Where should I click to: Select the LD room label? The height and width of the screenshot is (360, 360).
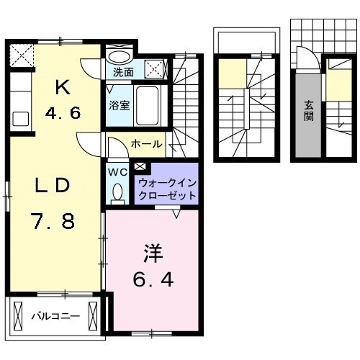53,185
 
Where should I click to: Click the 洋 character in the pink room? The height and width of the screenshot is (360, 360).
153,253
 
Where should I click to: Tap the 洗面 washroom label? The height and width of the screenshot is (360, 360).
124,72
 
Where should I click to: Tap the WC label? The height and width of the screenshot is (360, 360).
117,172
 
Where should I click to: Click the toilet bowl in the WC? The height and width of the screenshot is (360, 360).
117,192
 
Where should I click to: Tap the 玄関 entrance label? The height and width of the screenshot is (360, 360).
308,110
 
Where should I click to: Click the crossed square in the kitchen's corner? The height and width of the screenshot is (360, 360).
22,55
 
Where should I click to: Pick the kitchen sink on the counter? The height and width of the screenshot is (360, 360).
19,117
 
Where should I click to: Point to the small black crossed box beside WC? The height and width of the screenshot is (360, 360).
138,166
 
